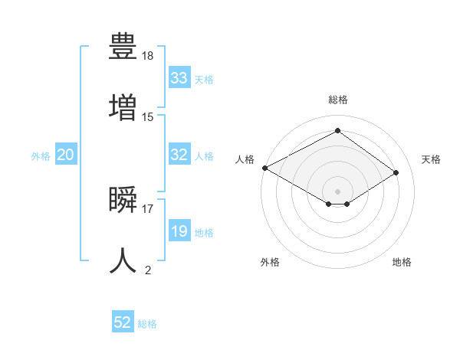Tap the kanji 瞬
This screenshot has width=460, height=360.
pyautogui.click(x=123, y=200)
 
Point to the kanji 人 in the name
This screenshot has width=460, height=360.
pyautogui.click(x=123, y=260)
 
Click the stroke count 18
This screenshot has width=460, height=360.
pyautogui.click(x=148, y=56)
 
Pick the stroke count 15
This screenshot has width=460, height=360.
pyautogui.click(x=148, y=116)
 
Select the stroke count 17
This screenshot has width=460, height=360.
pyautogui.click(x=148, y=208)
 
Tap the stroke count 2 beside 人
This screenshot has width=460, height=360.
pyautogui.click(x=148, y=270)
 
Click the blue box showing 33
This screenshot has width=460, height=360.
pyautogui.click(x=179, y=78)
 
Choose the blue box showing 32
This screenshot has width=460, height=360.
pyautogui.click(x=179, y=155)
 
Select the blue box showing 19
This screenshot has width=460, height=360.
pyautogui.click(x=179, y=231)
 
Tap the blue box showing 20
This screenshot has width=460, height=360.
pyautogui.click(x=66, y=155)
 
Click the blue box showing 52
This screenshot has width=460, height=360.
pyautogui.click(x=123, y=322)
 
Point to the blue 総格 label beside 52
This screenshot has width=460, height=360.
pyautogui.click(x=147, y=324)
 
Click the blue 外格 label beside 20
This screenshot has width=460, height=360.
pyautogui.click(x=41, y=156)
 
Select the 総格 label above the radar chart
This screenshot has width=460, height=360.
pyautogui.click(x=337, y=100)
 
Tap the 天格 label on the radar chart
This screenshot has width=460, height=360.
pyautogui.click(x=431, y=159)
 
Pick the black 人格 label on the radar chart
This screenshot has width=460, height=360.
pyautogui.click(x=245, y=159)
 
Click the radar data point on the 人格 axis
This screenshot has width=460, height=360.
pyautogui.click(x=264, y=168)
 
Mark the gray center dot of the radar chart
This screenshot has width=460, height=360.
pyautogui.click(x=337, y=191)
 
